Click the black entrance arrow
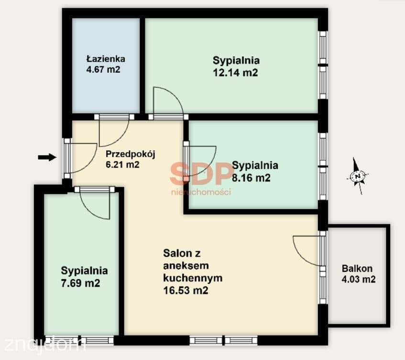coord(47,157)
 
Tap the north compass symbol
coord(358,176)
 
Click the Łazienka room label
coord(106,59)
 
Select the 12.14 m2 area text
coord(235,73)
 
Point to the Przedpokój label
coord(131,155)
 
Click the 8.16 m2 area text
coord(251,178)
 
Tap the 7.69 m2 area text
coord(80,283)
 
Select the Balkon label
coord(357,269)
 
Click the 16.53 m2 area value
coord(186,291)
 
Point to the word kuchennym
coord(193,278)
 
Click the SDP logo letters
coord(201,173)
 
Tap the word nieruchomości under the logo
coord(201,192)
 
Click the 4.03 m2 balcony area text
coord(359,280)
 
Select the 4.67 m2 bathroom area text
coord(103,70)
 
